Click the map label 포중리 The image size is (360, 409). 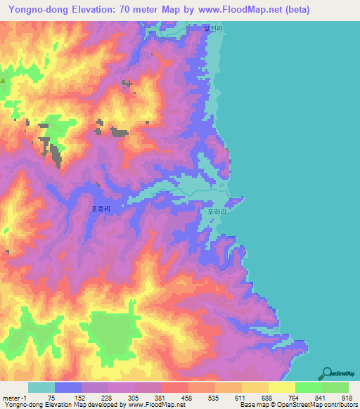click(101, 209)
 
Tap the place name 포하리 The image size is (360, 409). click(215, 210)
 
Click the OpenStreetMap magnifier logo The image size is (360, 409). click(328, 373)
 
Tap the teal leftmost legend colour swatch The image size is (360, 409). click(41, 387)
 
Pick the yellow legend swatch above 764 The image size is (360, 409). click(282, 387)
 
